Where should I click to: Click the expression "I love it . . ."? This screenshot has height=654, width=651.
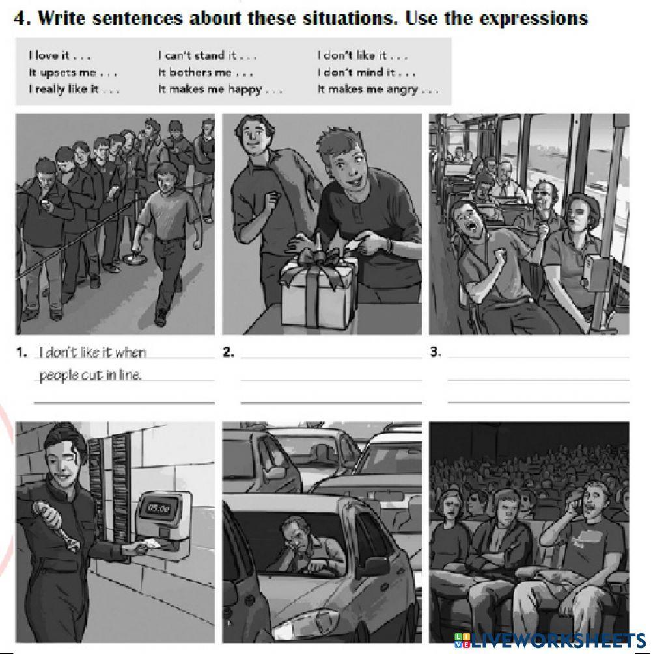(x=59, y=55)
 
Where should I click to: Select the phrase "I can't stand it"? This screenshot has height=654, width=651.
(x=207, y=55)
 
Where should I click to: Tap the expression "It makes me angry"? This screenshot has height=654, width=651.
(x=378, y=90)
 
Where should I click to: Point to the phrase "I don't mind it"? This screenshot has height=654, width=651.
(x=366, y=73)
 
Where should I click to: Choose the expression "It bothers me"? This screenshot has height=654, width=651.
(x=206, y=73)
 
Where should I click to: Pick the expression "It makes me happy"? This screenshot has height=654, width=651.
(x=220, y=90)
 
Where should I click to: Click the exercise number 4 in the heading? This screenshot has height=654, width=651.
(x=21, y=18)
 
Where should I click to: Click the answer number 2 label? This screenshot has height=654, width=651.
(x=228, y=352)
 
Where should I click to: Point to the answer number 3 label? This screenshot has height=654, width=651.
(x=436, y=352)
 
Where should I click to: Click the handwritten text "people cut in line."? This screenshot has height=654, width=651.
(x=90, y=376)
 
